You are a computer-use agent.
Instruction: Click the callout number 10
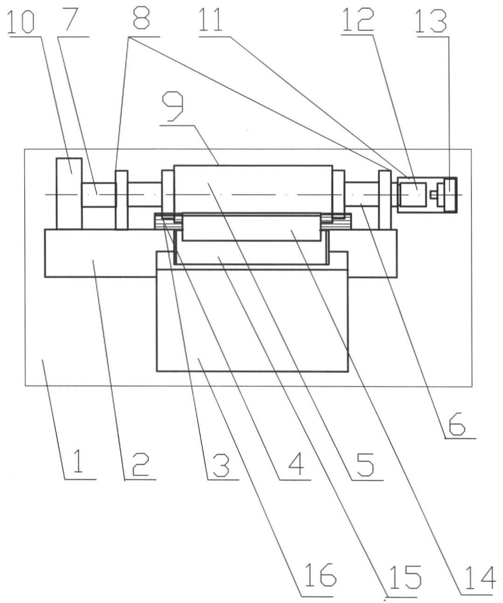21,21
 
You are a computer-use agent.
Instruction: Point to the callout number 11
211,19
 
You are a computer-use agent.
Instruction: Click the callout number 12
358,19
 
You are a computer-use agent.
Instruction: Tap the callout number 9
173,107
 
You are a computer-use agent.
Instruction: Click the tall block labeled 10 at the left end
69,194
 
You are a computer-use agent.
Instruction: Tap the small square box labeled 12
412,194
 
